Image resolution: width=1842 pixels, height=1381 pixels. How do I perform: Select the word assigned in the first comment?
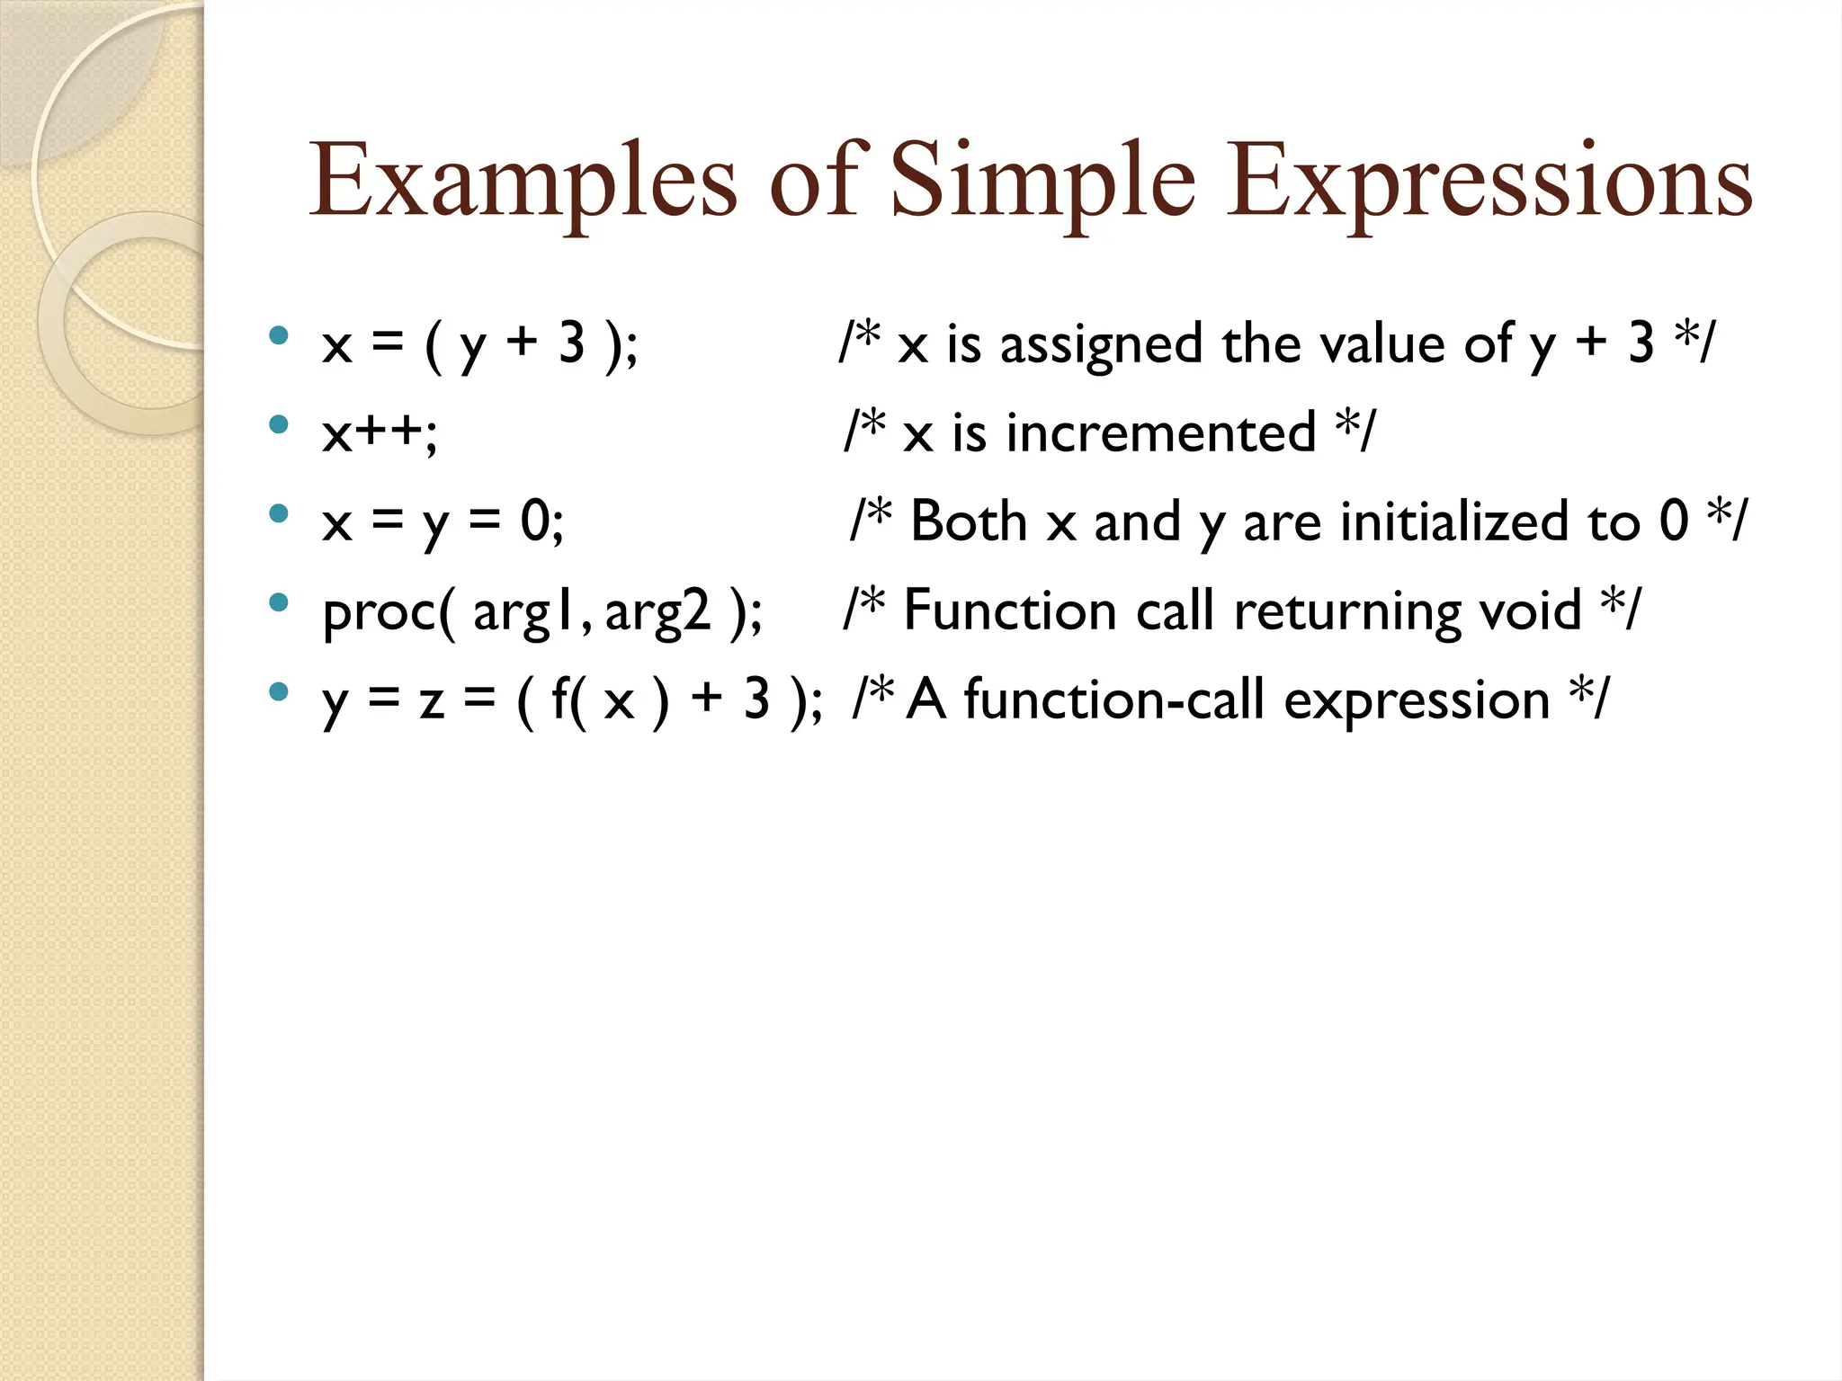[x=1101, y=345]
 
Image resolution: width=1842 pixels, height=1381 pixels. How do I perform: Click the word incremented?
[x=1160, y=433]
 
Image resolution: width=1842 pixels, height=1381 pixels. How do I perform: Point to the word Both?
[x=969, y=521]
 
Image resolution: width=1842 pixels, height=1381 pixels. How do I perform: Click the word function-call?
[x=1113, y=699]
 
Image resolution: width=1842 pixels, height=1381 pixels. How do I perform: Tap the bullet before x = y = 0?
[x=279, y=513]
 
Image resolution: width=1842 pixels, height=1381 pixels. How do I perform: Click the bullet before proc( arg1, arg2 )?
[x=279, y=602]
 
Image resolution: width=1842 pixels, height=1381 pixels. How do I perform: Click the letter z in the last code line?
[x=432, y=701]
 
